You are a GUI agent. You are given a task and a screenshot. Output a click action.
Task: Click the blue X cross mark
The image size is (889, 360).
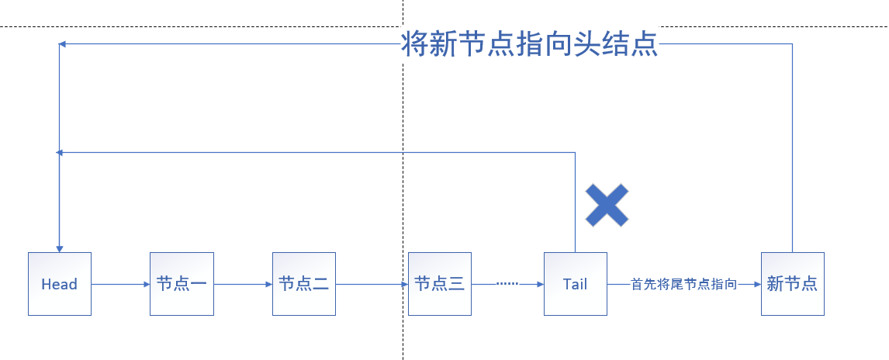click(607, 206)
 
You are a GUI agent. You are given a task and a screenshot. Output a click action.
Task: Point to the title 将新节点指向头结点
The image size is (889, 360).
click(530, 44)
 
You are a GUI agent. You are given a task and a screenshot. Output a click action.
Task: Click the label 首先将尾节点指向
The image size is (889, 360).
click(683, 285)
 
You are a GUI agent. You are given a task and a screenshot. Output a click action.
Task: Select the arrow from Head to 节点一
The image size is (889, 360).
click(120, 285)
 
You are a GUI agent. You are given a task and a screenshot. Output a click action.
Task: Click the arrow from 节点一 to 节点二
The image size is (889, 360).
click(243, 285)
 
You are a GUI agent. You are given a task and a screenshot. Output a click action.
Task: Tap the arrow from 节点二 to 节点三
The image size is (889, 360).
click(372, 285)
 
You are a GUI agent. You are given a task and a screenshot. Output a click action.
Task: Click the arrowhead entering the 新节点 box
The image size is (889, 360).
click(756, 285)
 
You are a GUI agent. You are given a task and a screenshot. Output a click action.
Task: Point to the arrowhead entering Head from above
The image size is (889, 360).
click(59, 247)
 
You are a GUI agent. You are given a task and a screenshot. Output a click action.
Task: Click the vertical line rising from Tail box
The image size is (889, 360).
click(575, 202)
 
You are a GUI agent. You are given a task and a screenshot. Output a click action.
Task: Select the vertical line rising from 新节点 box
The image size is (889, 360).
click(792, 147)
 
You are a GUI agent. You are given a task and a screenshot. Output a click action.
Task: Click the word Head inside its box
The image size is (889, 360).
click(59, 285)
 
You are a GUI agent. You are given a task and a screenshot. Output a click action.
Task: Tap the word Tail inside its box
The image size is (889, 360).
click(575, 285)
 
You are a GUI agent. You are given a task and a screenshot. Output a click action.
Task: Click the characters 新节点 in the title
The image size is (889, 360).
click(465, 44)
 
